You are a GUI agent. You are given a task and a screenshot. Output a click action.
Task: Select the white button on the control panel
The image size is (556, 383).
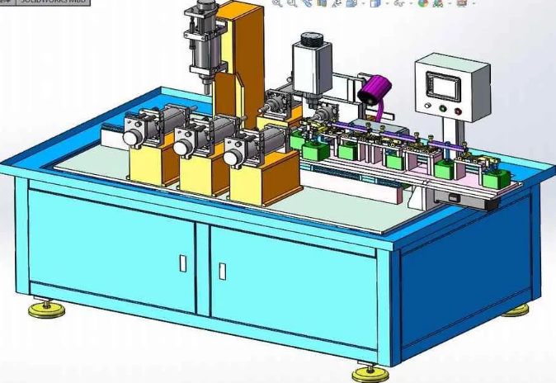pos(427,106)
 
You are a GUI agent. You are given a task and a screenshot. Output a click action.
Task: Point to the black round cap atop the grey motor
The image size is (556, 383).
pos(310,38)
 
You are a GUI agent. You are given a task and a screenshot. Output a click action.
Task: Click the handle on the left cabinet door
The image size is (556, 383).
pos(183,262)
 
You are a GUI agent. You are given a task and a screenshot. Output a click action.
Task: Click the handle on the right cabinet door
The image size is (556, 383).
pos(222,270)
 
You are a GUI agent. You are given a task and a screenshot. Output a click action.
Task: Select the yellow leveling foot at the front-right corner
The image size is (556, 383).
pos(369,373)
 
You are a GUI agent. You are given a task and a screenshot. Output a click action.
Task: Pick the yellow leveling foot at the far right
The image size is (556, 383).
pos(516,310)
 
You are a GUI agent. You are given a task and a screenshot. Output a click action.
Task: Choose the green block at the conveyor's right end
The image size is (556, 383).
pos(497,178)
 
